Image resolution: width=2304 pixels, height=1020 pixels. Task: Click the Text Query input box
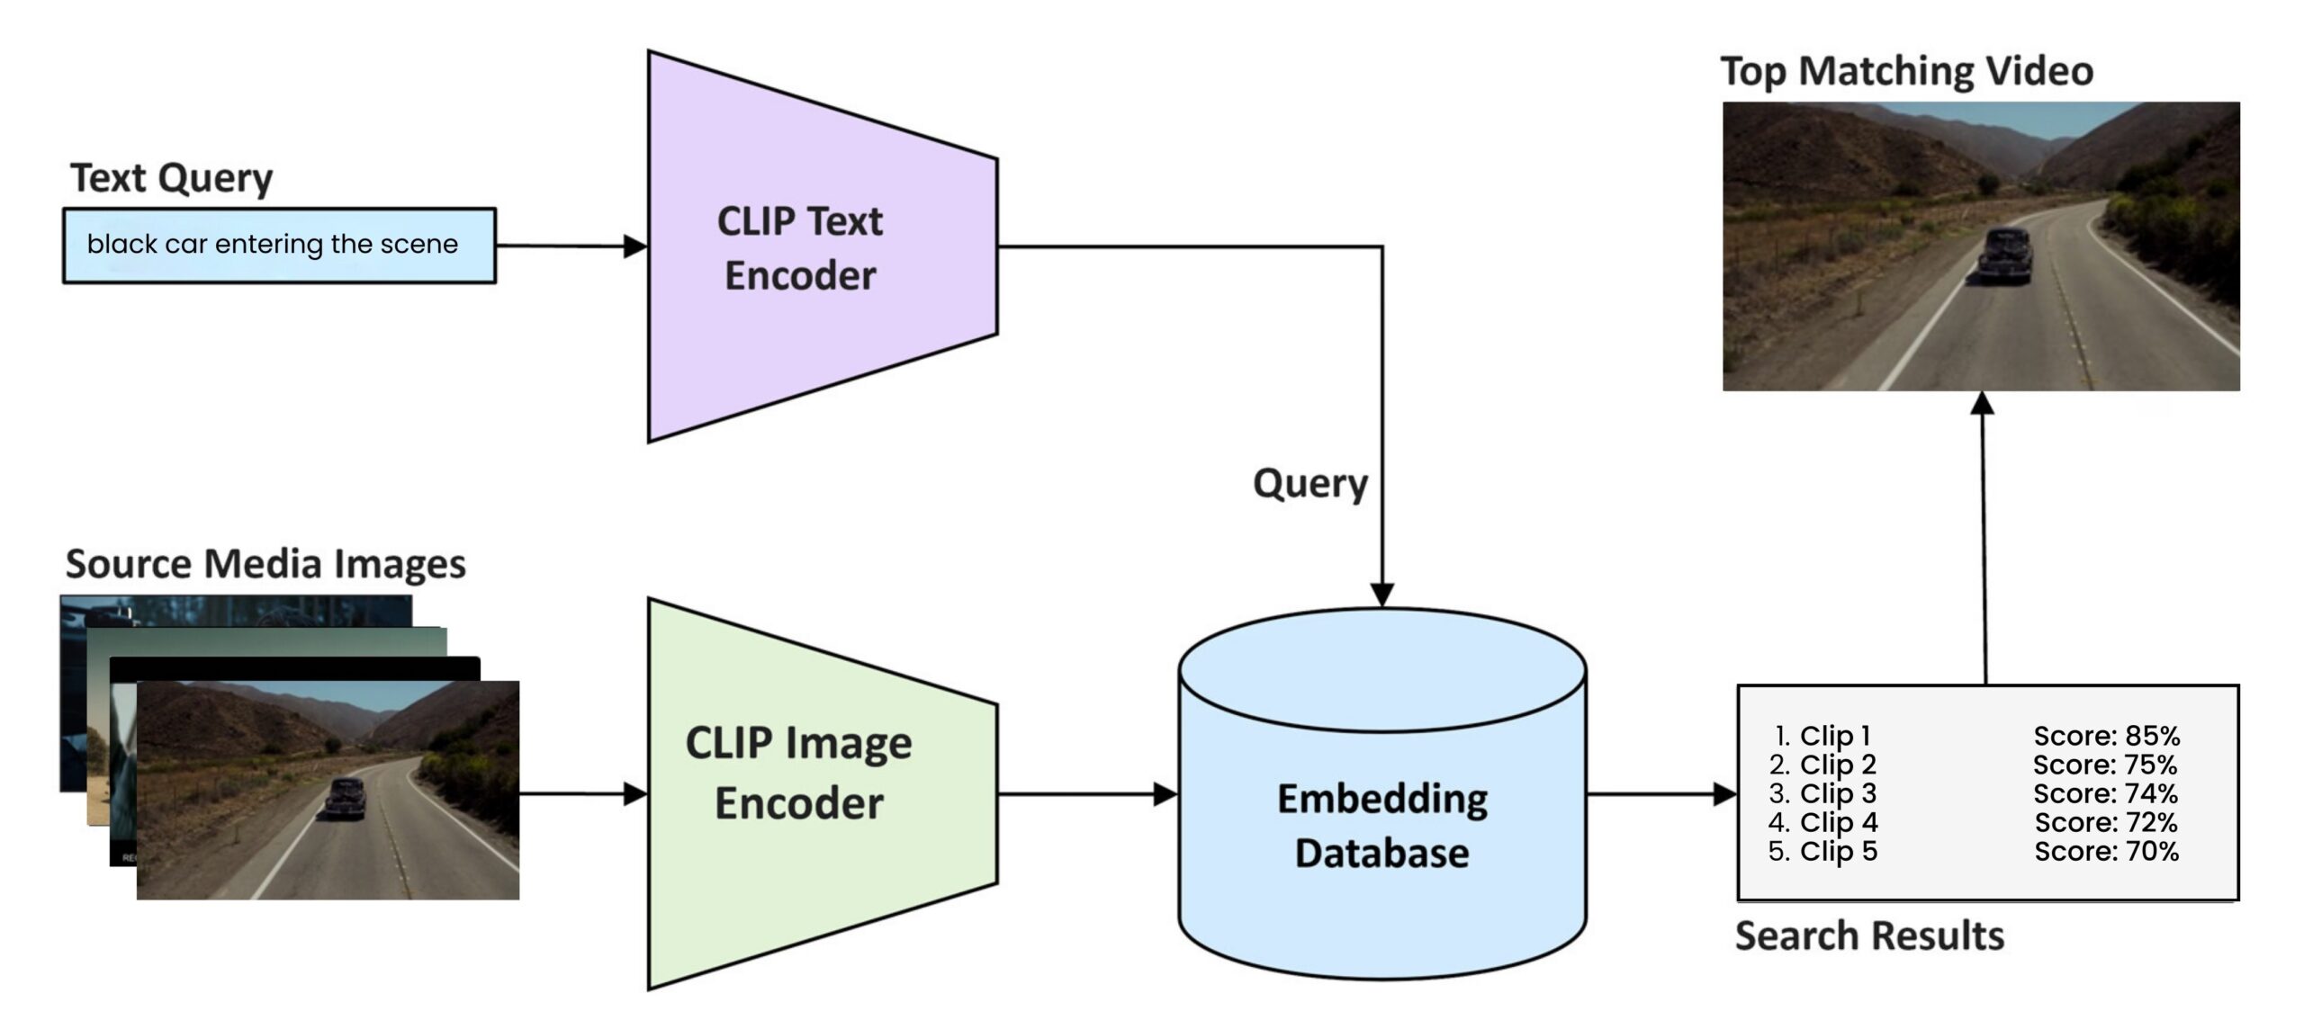pos(279,246)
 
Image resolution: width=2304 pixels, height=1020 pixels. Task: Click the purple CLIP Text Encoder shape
pos(801,247)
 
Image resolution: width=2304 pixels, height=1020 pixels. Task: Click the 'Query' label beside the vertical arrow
pos(1310,485)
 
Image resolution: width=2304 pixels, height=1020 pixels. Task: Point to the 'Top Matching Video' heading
pos(1907,71)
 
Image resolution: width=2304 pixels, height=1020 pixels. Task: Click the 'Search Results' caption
pos(1869,936)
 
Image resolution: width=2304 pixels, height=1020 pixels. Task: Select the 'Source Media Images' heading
pos(265,564)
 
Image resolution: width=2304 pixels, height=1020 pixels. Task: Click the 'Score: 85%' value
pos(2106,736)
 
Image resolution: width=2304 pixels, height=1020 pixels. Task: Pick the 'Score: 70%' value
pos(2106,851)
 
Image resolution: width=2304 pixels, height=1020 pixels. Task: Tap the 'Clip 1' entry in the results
pos(1834,736)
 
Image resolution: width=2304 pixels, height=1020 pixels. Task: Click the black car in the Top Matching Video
pos(2005,255)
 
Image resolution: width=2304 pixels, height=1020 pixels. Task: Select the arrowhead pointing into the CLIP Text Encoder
pos(635,246)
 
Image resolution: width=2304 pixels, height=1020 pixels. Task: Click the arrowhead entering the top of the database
pos(1382,595)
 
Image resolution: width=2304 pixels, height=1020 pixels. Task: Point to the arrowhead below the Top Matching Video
pos(1983,404)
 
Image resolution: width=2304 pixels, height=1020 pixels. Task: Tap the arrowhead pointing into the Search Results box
pos(1724,794)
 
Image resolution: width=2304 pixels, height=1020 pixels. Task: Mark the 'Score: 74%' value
pos(2106,793)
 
